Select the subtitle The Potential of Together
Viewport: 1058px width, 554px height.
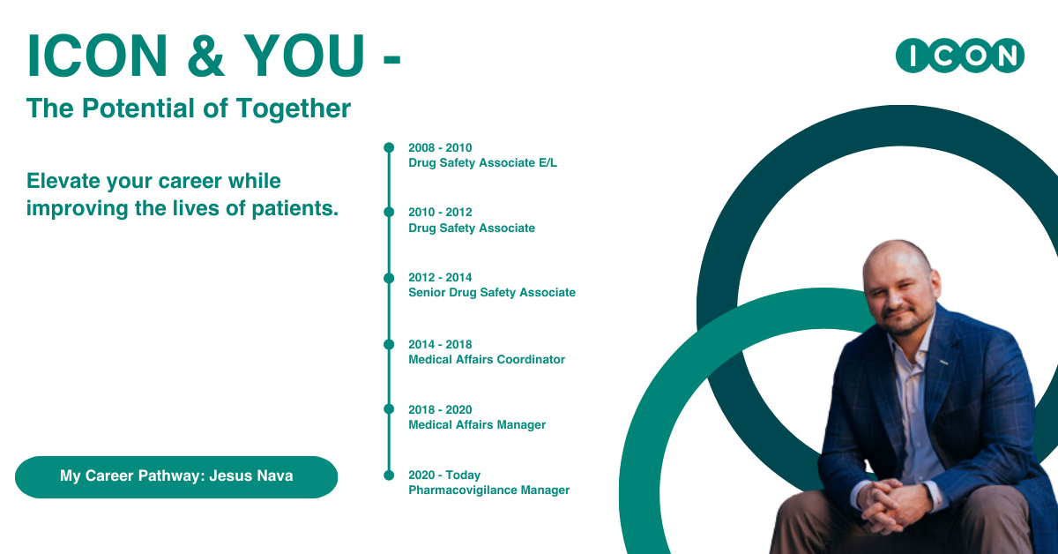[x=189, y=109]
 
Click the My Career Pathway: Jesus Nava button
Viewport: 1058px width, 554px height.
[x=176, y=476]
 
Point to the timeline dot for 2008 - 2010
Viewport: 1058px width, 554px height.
[x=389, y=147]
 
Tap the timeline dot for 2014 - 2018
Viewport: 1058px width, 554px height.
[x=389, y=344]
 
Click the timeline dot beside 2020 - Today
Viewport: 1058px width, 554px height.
[x=389, y=475]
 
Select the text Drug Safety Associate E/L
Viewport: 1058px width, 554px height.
[x=482, y=163]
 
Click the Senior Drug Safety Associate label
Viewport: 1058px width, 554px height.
[x=491, y=293]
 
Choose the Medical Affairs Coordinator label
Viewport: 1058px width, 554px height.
[x=486, y=360]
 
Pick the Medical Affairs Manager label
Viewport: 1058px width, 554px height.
[x=476, y=425]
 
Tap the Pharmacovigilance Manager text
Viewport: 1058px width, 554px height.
[x=488, y=490]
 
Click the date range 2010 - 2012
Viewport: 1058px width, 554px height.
[x=440, y=213]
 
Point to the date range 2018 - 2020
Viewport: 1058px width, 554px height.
[x=440, y=410]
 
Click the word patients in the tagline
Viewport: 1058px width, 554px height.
[x=296, y=209]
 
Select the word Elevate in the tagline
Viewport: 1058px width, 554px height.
[x=62, y=181]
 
